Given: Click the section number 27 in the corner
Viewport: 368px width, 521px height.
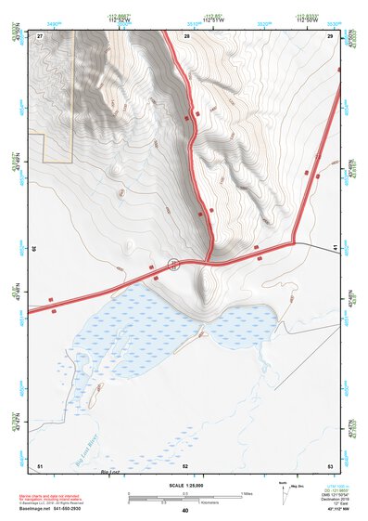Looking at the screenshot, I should point(40,35).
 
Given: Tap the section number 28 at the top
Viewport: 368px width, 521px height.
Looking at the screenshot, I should point(186,35).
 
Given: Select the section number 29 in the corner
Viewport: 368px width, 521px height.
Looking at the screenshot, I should point(330,35).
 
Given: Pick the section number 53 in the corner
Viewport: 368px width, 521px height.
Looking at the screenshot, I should point(330,464).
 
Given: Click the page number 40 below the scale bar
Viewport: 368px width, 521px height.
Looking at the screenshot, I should point(185,511).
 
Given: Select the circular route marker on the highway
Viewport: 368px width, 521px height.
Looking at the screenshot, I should point(173,265).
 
